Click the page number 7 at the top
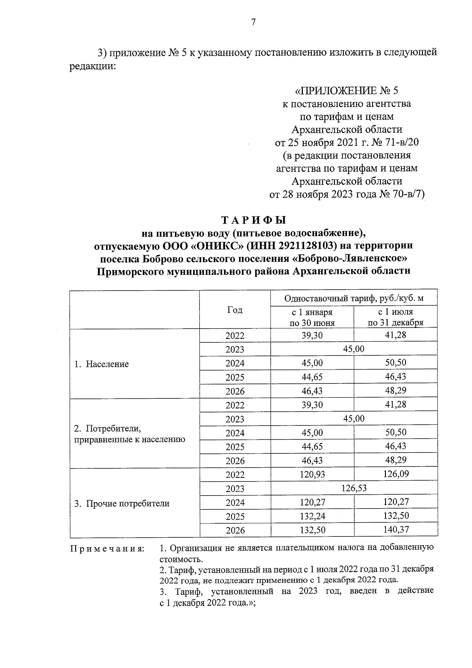click(253, 22)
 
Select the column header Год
click(235, 310)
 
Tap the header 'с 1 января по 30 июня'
click(312, 317)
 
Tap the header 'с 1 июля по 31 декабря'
click(395, 317)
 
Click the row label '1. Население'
click(102, 364)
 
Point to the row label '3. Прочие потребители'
click(122, 503)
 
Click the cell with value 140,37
click(396, 530)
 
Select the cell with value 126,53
click(354, 488)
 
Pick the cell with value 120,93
click(312, 474)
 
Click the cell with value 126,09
click(396, 474)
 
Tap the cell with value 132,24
click(312, 516)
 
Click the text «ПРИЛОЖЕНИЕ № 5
click(346, 91)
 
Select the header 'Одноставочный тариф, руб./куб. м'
click(354, 298)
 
